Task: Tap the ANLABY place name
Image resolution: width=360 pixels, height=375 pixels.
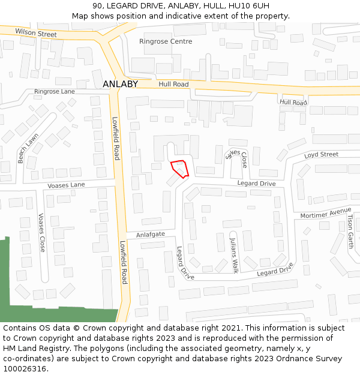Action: tap(120, 85)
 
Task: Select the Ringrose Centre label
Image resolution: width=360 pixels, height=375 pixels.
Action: tap(166, 41)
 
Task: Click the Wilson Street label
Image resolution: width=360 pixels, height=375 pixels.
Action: tap(36, 32)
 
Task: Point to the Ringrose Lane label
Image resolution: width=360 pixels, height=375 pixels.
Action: tap(55, 92)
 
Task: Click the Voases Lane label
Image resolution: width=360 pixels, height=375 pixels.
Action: tap(67, 185)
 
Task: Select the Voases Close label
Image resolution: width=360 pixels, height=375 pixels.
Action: tap(41, 232)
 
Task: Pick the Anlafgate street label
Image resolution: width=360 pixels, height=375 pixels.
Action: tap(150, 235)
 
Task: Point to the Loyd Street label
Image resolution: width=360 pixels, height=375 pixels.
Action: tap(321, 155)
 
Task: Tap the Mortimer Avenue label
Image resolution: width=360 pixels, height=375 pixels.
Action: tap(326, 213)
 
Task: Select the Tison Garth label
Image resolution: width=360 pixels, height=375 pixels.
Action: tap(350, 232)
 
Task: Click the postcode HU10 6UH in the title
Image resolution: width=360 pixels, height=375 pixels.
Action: tap(247, 6)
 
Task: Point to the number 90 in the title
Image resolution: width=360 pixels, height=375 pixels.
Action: tap(97, 6)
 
